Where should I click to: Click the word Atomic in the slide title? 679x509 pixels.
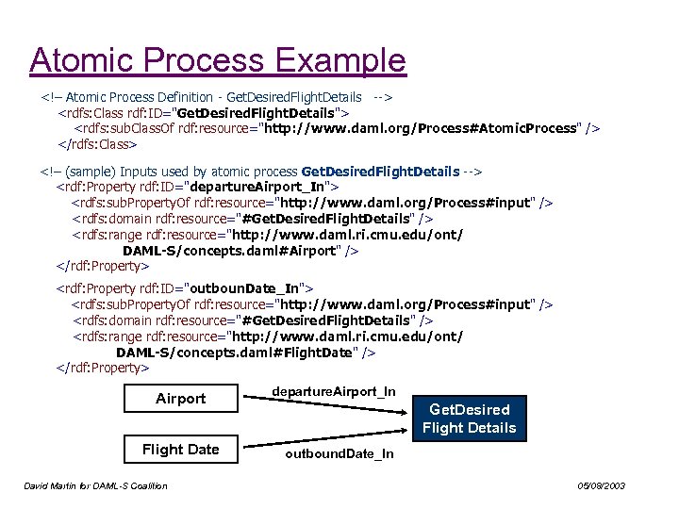coord(83,60)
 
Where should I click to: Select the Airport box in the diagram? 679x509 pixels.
coord(180,399)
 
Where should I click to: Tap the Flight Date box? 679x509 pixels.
coord(180,449)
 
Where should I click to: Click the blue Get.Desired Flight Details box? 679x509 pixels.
coord(469,419)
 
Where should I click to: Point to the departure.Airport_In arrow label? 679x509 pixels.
coord(333,390)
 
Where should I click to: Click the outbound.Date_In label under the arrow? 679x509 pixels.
coord(339,454)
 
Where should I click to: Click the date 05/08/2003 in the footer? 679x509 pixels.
coord(601,486)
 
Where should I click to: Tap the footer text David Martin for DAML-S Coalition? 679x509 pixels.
coord(95,486)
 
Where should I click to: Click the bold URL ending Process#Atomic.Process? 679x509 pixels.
coord(420,128)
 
